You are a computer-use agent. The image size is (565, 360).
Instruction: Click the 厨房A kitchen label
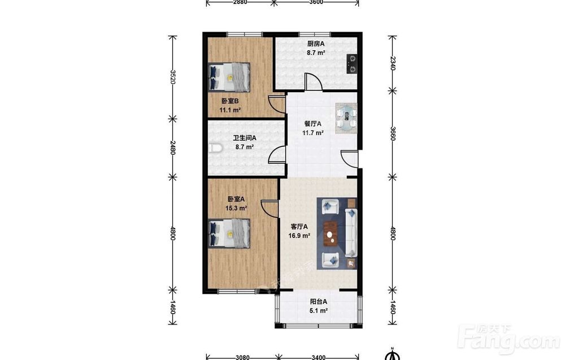pos(316,44)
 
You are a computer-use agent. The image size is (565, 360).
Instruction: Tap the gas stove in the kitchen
pos(351,64)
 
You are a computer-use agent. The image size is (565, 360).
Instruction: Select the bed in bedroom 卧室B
pos(229,77)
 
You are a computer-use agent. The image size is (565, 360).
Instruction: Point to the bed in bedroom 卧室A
pos(229,233)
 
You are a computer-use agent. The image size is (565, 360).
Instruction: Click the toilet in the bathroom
pos(215,148)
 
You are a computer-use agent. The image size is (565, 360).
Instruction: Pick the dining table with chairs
pos(346,119)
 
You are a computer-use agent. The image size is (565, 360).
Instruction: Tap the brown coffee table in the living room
pos(330,233)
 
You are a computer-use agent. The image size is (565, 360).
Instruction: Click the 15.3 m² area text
pos(236,208)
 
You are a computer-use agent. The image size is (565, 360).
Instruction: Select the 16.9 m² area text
pos(299,236)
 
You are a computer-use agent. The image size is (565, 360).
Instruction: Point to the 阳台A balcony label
pos(319,302)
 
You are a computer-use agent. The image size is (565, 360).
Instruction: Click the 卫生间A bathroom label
pos(245,138)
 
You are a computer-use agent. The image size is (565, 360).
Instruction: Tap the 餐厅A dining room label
pos(313,124)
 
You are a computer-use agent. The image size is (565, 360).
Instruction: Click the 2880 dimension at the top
pos(240,2)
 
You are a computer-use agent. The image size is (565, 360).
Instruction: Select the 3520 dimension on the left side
pos(173,77)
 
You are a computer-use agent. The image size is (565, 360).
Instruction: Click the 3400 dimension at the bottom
pos(319,357)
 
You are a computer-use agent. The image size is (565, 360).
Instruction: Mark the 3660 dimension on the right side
pos(393,134)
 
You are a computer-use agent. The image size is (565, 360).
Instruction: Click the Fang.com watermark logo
pos(508,339)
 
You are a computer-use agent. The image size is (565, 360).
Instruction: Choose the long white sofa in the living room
pos(351,233)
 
